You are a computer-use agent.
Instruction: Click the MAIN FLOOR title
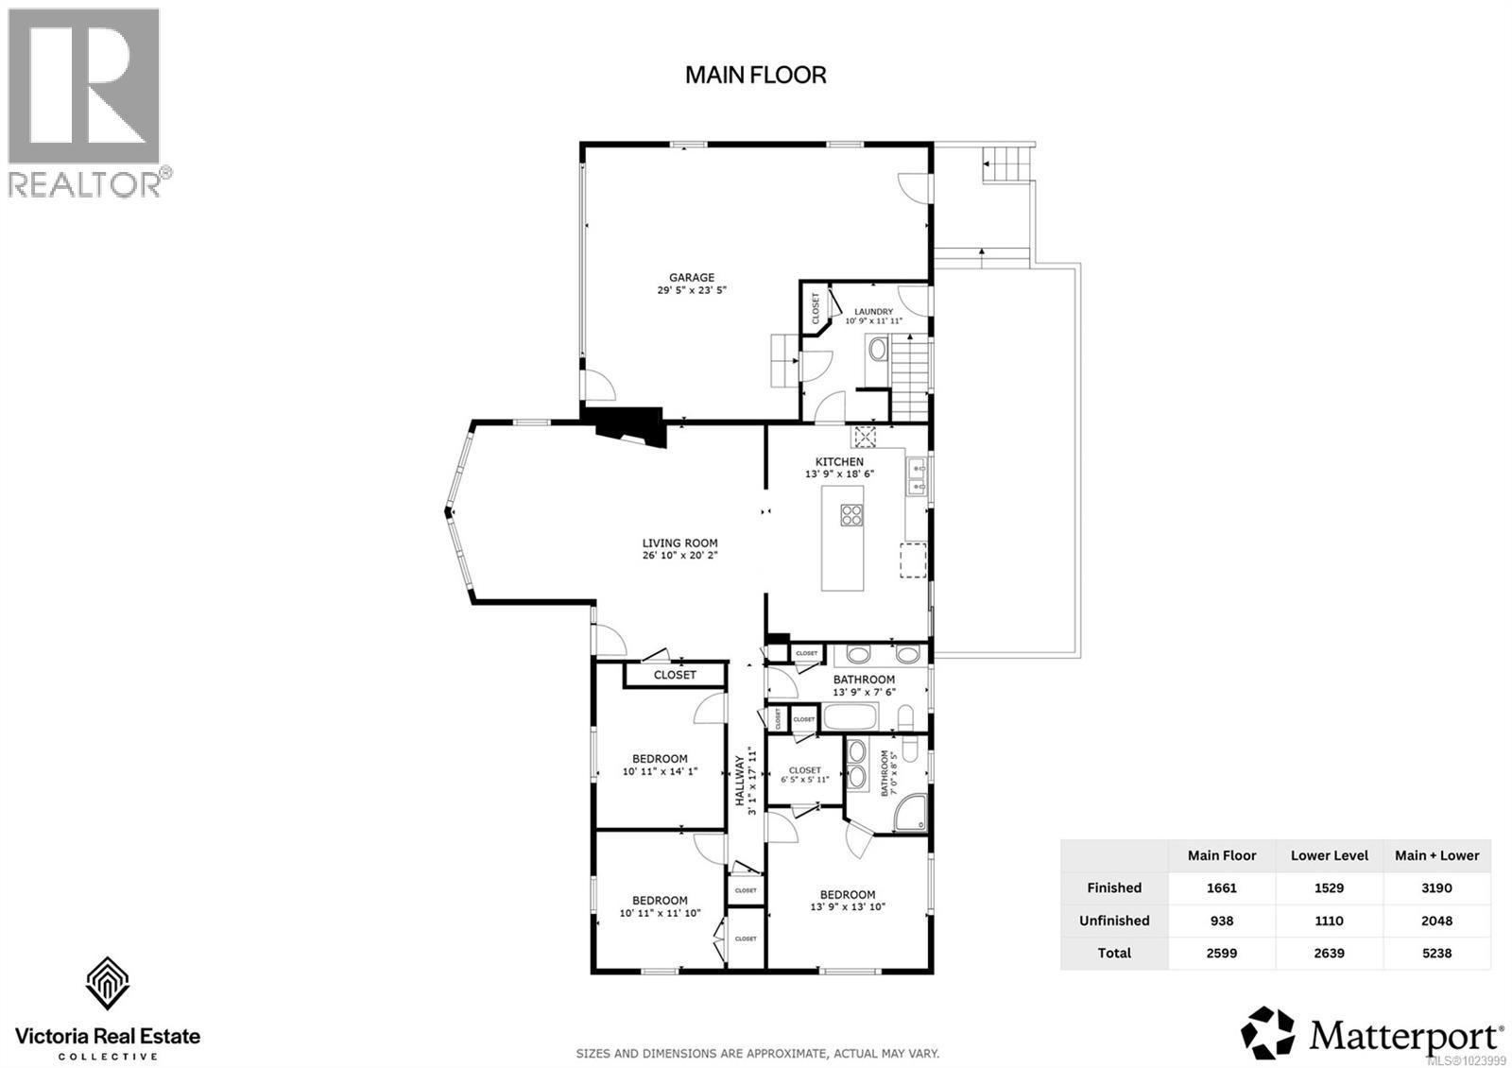(x=755, y=76)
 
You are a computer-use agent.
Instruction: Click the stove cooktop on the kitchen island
(x=851, y=515)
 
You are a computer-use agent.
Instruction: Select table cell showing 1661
(x=1221, y=888)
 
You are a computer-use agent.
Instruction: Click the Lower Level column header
(x=1329, y=856)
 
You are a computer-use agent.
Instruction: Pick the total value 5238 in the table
(x=1436, y=954)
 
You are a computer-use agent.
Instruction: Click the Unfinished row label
(x=1114, y=921)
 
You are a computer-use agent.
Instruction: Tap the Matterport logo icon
(x=1268, y=1032)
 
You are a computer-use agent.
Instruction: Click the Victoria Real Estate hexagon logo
(x=107, y=983)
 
